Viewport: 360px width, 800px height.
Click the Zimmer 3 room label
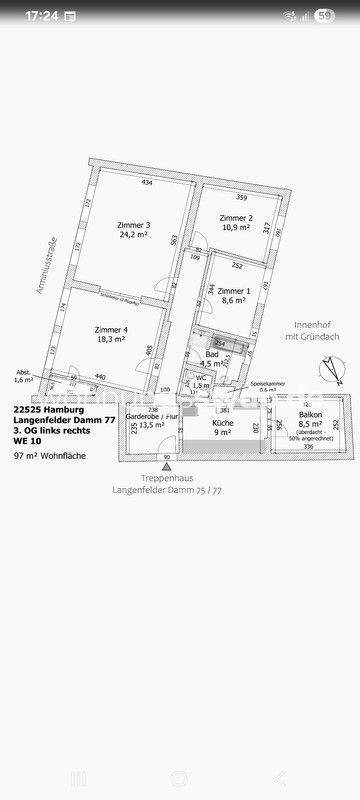pyautogui.click(x=134, y=225)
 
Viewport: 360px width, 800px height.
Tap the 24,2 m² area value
pyautogui.click(x=134, y=237)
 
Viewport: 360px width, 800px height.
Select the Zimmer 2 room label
pyautogui.click(x=236, y=217)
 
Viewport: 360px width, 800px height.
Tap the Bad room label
pyautogui.click(x=212, y=355)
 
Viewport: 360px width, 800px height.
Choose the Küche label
pyautogui.click(x=222, y=423)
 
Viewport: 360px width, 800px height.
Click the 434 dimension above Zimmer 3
pyautogui.click(x=146, y=183)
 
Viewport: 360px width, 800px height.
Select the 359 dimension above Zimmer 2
pyautogui.click(x=241, y=197)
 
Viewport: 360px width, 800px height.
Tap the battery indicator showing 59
pyautogui.click(x=324, y=16)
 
